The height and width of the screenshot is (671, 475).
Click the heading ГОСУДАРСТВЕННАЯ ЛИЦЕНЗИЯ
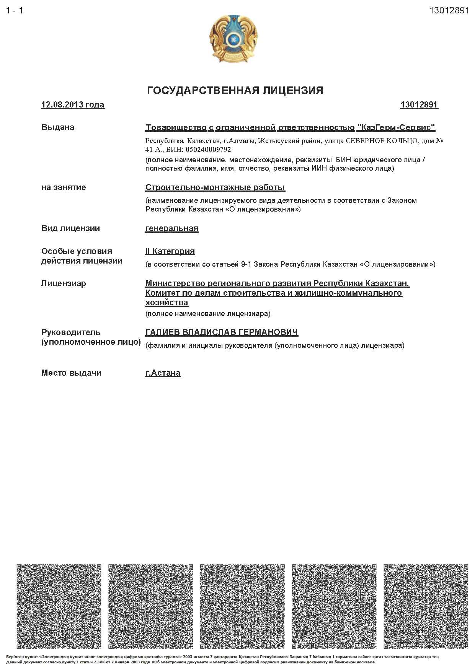[235, 90]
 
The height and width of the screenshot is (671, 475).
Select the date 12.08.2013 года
[73, 105]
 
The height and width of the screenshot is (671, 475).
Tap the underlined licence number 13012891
[419, 105]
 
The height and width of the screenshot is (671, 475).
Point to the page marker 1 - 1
[15, 11]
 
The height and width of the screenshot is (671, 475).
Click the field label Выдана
[58, 127]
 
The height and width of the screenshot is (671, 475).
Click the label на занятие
[64, 187]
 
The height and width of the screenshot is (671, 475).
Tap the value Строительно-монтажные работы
[215, 187]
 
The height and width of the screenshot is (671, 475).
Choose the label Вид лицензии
[70, 228]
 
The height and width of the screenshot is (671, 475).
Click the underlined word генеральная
[171, 228]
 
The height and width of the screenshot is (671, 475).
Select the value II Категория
[170, 251]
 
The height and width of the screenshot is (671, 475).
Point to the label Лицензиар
[64, 283]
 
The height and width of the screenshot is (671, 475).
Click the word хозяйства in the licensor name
[166, 303]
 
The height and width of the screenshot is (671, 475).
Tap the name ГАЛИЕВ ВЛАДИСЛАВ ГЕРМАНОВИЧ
[222, 332]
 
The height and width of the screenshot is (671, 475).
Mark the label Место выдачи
[71, 373]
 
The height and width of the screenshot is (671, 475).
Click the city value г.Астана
[163, 373]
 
